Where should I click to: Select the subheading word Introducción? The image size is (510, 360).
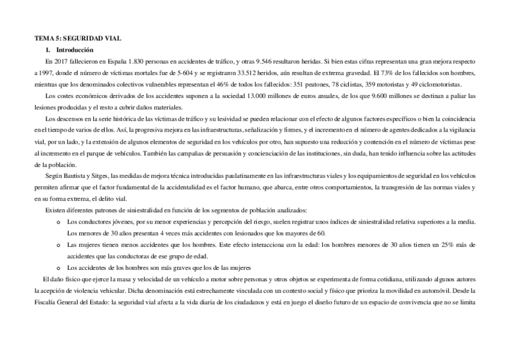click(x=75, y=50)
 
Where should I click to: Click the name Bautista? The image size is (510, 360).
click(x=75, y=175)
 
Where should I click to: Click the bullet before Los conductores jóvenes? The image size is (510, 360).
click(x=58, y=222)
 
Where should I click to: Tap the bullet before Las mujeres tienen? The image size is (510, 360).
click(x=58, y=245)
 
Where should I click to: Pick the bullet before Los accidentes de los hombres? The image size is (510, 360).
click(x=58, y=267)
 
